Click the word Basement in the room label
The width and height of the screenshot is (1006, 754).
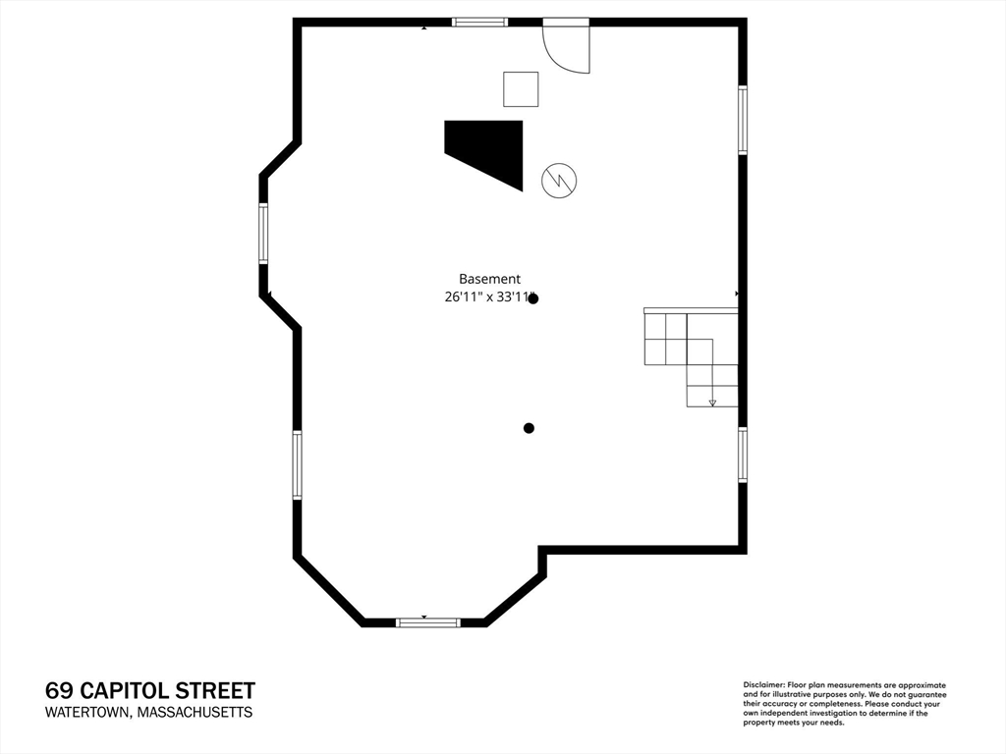489,279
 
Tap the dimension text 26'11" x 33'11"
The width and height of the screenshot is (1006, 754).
488,297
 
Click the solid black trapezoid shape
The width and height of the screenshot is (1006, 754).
488,150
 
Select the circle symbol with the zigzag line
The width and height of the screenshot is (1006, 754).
559,180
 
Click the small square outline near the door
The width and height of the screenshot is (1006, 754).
521,89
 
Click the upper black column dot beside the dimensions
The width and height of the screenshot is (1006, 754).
533,298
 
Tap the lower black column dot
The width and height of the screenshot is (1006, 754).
529,428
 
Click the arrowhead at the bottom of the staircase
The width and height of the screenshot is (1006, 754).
712,402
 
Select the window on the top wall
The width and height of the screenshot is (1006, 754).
479,23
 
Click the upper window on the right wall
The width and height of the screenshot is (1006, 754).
743,120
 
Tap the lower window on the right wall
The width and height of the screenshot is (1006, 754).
743,455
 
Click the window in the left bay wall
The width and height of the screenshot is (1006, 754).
263,233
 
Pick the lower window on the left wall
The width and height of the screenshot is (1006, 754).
297,465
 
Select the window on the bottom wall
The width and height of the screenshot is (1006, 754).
427,622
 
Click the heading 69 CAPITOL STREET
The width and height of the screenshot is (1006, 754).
150,691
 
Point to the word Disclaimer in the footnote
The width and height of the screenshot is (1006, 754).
762,684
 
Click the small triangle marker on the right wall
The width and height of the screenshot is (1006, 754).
737,294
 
